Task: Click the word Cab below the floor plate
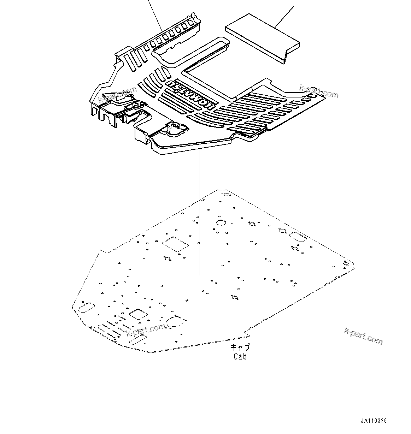pyautogui.click(x=240, y=356)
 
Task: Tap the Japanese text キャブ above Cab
pyautogui.click(x=240, y=347)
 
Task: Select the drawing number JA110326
pyautogui.click(x=374, y=421)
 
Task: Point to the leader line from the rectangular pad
pyautogui.click(x=284, y=16)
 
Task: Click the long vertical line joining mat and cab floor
pyautogui.click(x=200, y=212)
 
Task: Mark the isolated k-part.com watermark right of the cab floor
pyautogui.click(x=363, y=335)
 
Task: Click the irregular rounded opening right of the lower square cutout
pyautogui.click(x=176, y=321)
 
